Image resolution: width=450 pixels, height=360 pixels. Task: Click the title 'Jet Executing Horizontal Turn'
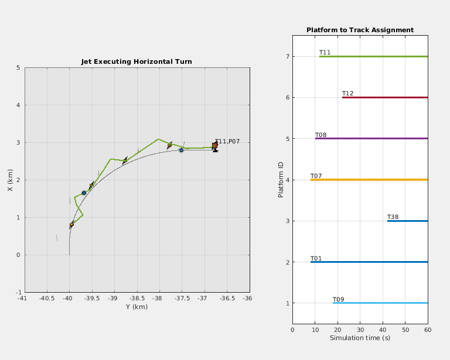click(136, 61)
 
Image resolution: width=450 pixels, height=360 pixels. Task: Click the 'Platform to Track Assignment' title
click(360, 30)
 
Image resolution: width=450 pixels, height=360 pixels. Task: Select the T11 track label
click(325, 53)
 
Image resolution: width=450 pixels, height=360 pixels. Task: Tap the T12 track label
click(347, 94)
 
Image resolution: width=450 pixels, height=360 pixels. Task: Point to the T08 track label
click(321, 135)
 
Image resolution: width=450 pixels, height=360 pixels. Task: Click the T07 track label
click(316, 176)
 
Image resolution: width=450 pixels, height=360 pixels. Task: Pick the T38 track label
click(393, 217)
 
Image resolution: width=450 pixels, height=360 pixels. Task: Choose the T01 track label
click(316, 258)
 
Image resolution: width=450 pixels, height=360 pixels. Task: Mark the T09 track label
click(338, 300)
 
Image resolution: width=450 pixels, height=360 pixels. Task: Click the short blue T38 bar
click(407, 221)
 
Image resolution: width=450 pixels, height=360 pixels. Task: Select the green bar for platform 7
click(373, 56)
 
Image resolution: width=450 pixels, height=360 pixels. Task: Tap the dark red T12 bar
click(385, 97)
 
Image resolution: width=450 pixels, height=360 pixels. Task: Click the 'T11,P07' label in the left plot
click(227, 142)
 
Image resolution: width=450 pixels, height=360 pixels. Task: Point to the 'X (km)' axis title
click(10, 180)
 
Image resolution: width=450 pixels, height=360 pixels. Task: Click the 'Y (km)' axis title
click(136, 307)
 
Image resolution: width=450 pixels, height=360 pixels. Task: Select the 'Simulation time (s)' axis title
click(360, 338)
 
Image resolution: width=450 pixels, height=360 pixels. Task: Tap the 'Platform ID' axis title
click(281, 180)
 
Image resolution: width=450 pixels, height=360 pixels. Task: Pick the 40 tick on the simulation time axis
click(383, 330)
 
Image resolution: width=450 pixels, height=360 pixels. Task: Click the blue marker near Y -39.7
click(84, 193)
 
